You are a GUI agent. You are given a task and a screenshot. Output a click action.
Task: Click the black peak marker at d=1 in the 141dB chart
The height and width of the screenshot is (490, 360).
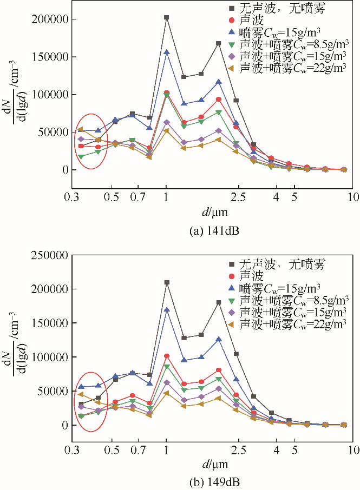(x=166, y=17)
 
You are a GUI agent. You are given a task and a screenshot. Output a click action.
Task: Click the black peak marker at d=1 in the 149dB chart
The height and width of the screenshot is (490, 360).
(x=166, y=282)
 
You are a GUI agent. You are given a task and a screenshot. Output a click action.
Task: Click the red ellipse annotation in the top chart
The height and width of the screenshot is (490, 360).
(x=89, y=141)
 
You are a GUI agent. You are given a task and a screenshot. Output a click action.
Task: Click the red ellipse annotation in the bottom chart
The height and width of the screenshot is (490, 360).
(x=89, y=401)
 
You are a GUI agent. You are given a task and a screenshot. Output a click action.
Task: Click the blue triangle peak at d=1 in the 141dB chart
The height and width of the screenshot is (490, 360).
(x=166, y=52)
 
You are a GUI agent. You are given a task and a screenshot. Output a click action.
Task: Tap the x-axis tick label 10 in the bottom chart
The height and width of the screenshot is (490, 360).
(x=354, y=449)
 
